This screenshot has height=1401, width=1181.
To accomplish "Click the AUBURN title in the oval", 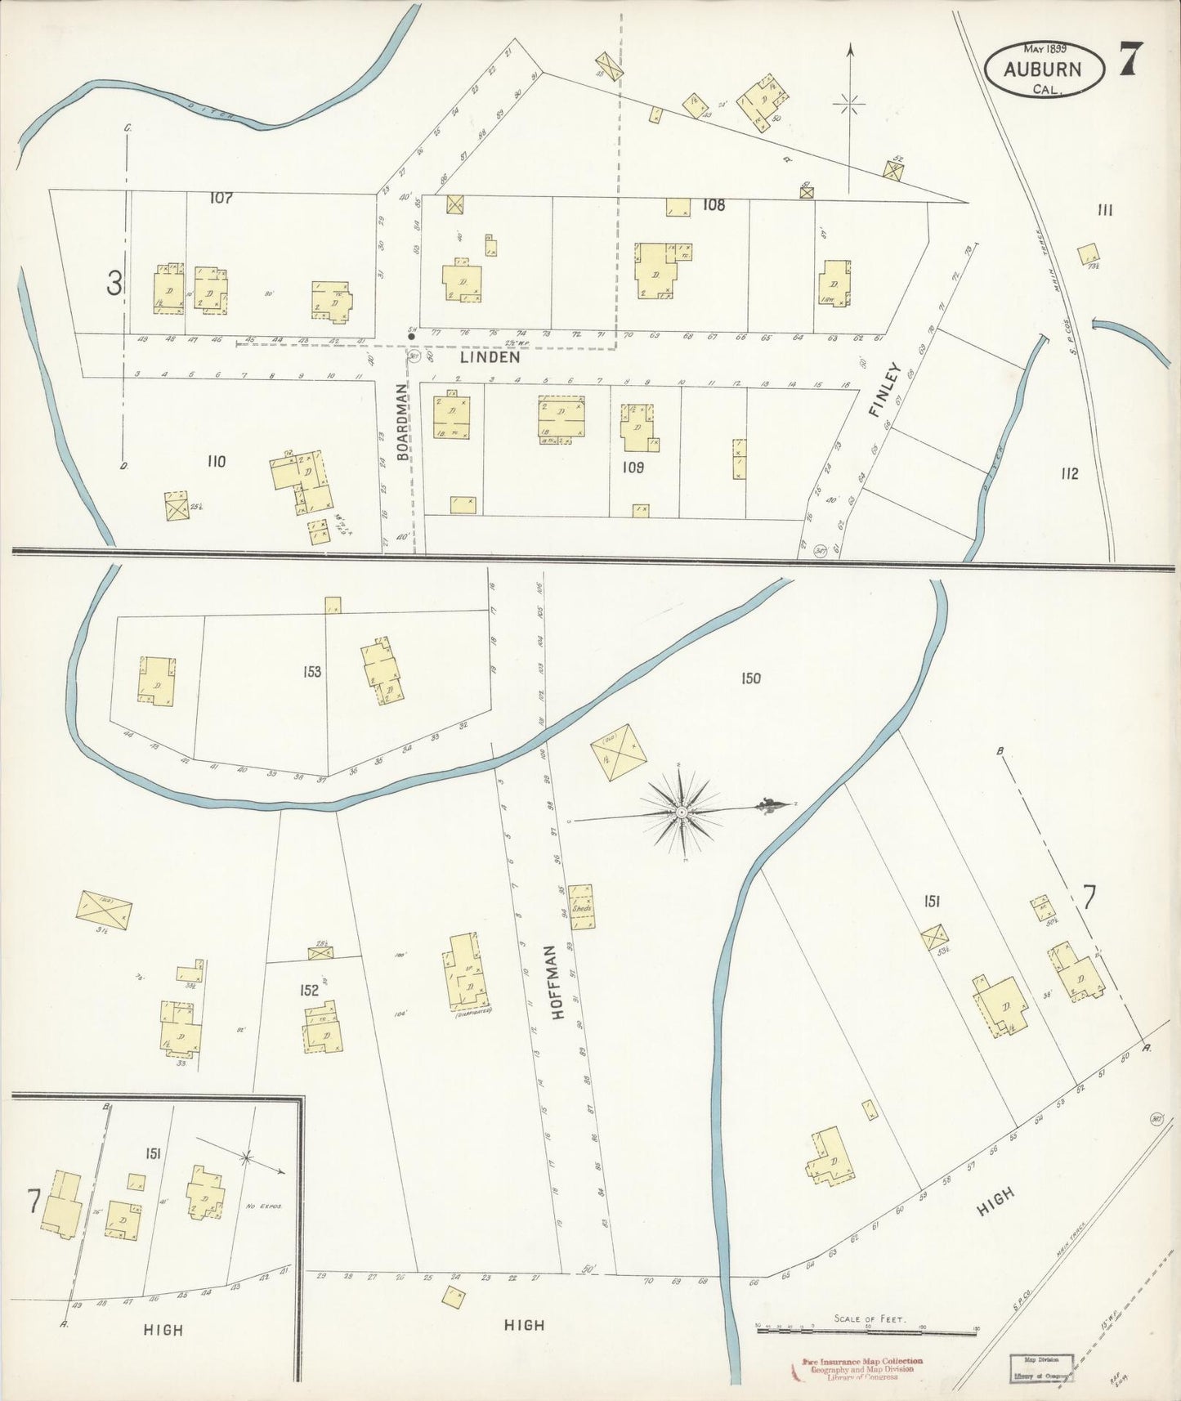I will [1043, 69].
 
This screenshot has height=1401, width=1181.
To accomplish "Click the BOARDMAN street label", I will [403, 422].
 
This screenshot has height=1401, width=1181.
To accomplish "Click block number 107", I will [221, 198].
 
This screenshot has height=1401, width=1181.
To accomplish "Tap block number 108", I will [714, 205].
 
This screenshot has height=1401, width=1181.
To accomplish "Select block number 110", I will [216, 462].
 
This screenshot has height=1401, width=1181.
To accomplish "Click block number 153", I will [311, 672].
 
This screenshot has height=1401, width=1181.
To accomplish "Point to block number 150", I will [750, 678].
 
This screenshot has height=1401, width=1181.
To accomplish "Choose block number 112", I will [1069, 473].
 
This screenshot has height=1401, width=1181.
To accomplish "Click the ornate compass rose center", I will [681, 812].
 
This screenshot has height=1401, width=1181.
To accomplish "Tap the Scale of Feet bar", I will [867, 1331].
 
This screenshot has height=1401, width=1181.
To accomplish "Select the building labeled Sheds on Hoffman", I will [582, 906].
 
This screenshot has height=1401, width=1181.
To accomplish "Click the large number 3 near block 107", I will [114, 284].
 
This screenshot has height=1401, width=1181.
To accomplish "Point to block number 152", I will [308, 990].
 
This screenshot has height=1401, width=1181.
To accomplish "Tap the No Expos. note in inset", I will [262, 1206].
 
